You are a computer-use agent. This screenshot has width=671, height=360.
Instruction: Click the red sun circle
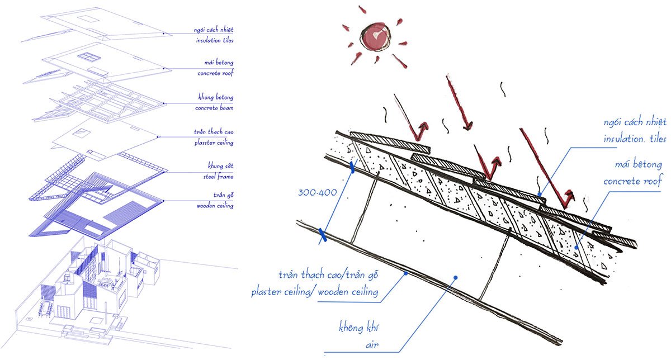point(376,37)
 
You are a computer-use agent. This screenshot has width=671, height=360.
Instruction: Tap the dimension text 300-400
point(318,192)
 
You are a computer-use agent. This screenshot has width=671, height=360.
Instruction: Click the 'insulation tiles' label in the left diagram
point(215,40)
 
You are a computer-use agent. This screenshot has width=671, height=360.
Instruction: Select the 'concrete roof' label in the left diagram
point(215,73)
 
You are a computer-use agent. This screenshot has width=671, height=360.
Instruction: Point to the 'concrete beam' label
point(214,108)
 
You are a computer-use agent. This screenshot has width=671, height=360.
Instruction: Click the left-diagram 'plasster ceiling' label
point(214,143)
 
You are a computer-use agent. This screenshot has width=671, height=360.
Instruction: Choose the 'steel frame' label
point(219,177)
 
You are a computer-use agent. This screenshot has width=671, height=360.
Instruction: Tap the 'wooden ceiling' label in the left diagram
point(215,206)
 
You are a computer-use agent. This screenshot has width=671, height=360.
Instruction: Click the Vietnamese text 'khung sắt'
point(221,165)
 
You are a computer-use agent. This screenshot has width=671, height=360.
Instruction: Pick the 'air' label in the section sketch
point(372,345)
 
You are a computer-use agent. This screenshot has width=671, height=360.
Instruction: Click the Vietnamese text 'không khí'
point(358,328)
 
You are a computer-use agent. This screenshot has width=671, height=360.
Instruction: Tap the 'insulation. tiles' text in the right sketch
point(635,139)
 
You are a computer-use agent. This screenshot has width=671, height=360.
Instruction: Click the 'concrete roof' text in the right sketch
point(632,181)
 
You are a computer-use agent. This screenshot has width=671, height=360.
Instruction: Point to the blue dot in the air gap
point(455,278)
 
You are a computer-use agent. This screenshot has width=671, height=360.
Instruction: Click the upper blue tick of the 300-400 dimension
point(352,168)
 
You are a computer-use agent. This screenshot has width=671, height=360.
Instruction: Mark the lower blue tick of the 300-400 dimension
point(322,235)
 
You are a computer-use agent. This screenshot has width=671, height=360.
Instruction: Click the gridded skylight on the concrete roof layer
point(88,57)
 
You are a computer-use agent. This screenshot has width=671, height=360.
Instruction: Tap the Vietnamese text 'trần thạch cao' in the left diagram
point(214,132)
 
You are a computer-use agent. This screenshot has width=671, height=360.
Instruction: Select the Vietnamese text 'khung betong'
point(216,97)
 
